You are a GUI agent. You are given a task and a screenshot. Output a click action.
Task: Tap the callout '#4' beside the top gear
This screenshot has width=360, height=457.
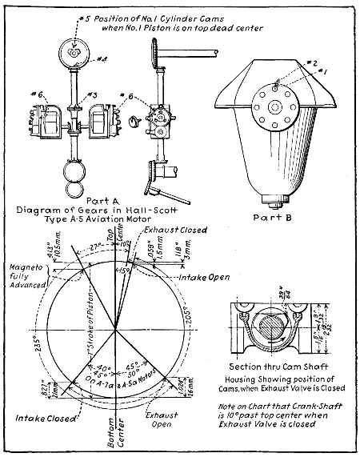pos(102,58)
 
